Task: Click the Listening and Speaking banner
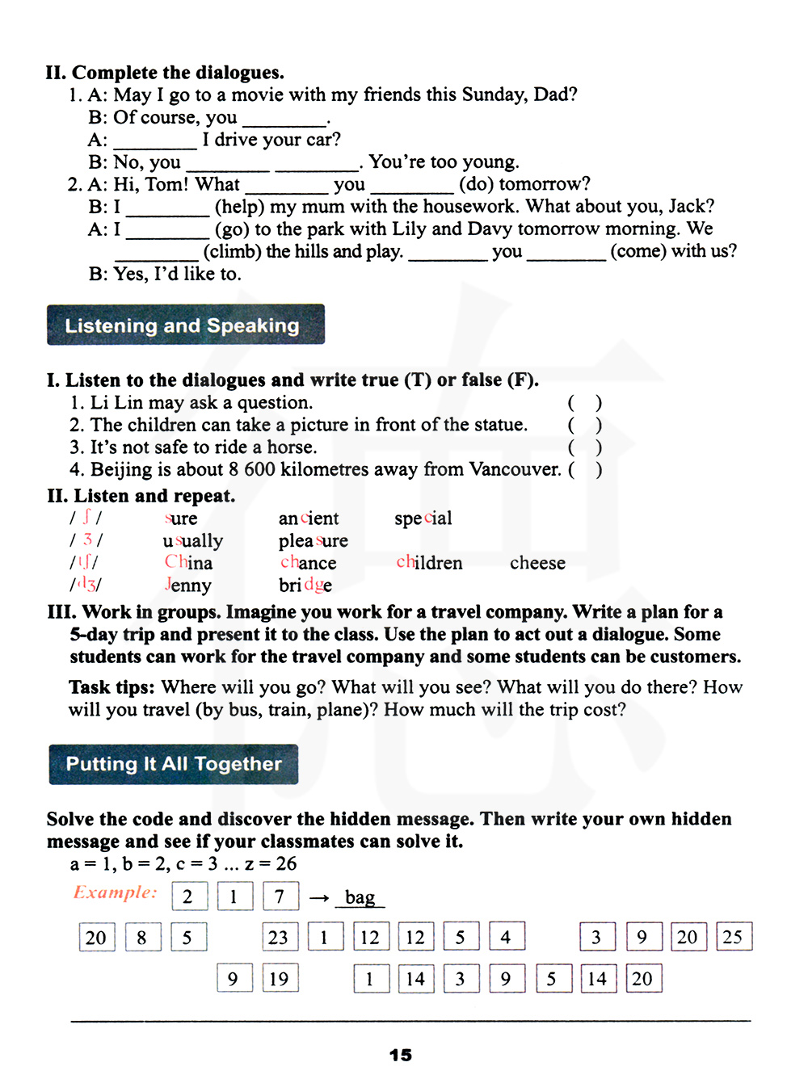coord(186,325)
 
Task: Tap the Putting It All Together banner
coord(174,764)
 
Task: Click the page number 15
coord(400,1055)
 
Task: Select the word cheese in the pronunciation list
coord(537,563)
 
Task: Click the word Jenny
coord(187,586)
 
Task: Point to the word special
coord(423,519)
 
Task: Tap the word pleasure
coord(313,541)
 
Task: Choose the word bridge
coord(305,586)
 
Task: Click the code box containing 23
coord(279,937)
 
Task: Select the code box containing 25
coord(733,937)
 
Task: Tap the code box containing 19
coord(279,979)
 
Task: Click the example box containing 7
coord(280,896)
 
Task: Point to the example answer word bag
coord(360,897)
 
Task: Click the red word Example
coord(115,892)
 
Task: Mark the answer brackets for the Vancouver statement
coord(585,469)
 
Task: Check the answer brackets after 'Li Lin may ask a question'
coord(585,402)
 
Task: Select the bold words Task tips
coord(112,687)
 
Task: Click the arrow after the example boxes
coord(319,897)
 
